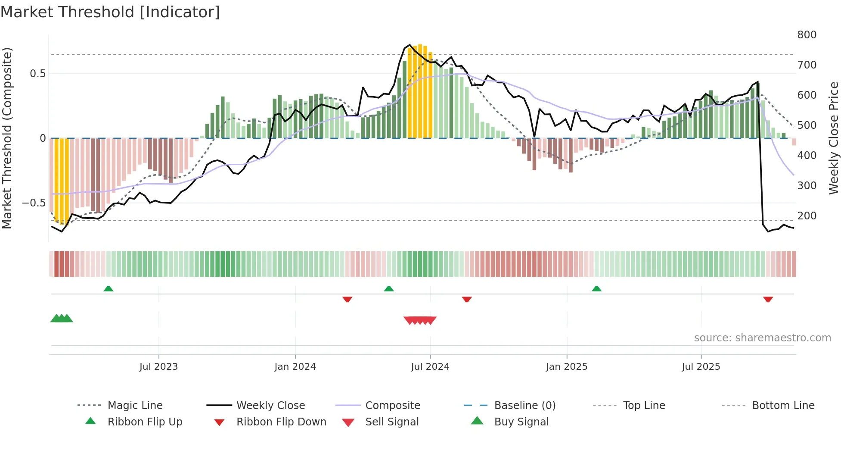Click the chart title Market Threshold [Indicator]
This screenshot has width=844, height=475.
click(110, 12)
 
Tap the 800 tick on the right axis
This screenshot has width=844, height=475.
click(807, 35)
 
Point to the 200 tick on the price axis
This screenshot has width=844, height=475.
click(807, 216)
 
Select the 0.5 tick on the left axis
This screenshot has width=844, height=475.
click(37, 74)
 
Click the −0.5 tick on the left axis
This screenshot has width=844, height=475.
click(34, 203)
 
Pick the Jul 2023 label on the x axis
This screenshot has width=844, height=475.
click(158, 367)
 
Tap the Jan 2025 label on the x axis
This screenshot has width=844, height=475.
click(566, 367)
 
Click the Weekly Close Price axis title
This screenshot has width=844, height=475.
click(834, 138)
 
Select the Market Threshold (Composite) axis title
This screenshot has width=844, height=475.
click(7, 138)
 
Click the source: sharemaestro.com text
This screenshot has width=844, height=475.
click(762, 338)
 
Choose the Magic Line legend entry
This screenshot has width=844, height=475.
click(135, 406)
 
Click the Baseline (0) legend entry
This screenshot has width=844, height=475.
click(524, 406)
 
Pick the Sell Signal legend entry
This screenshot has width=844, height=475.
click(391, 422)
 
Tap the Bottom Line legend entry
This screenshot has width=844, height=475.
click(783, 406)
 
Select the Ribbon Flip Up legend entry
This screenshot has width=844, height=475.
click(145, 422)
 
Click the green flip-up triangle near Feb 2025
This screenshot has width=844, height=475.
click(596, 289)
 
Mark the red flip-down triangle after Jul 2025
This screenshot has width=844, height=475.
click(768, 299)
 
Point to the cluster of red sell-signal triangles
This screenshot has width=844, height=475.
click(420, 320)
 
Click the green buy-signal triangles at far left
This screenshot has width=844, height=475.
click(62, 319)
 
